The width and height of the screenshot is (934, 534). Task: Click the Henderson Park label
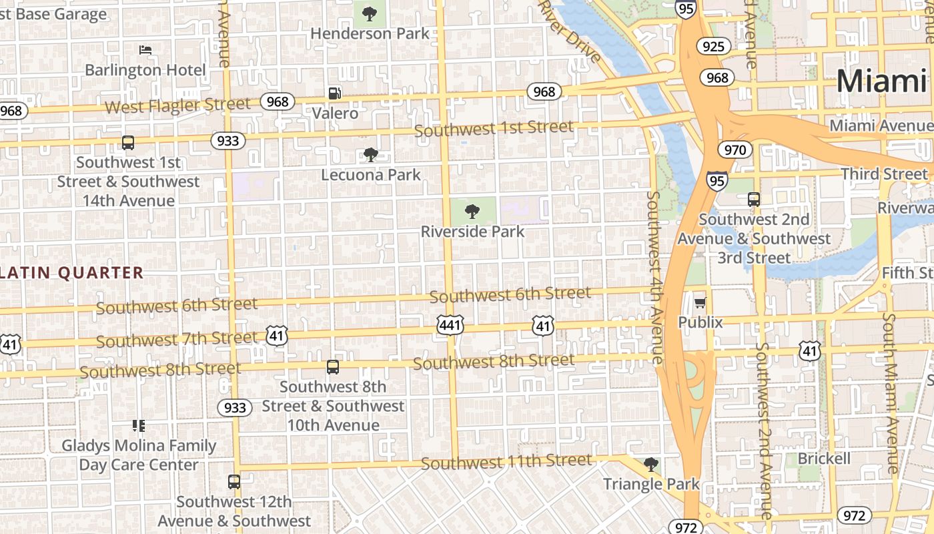pos(370,33)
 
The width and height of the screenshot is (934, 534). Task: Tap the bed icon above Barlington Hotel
pos(145,50)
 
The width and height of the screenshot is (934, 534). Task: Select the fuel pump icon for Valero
pos(335,94)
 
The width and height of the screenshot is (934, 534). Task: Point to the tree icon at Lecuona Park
pos(371,156)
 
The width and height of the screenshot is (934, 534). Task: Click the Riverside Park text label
pos(472,232)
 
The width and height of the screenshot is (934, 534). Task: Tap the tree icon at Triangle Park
pos(651,465)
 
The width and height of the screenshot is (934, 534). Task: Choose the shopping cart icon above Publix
pos(700,304)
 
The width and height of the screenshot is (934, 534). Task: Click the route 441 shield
pos(450,325)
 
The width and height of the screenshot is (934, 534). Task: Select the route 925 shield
pos(713,46)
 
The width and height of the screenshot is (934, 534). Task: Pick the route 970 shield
pos(735,150)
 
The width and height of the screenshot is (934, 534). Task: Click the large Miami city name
pos(881,81)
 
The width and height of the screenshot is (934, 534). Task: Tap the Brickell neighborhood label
pos(824,459)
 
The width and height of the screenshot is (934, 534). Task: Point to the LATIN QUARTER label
pos(72,272)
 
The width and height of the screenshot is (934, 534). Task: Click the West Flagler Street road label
pos(177,105)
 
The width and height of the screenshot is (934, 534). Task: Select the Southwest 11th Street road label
pos(506,461)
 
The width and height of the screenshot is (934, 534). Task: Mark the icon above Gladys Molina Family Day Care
pos(139,425)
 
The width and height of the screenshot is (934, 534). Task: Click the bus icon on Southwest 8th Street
pos(332,366)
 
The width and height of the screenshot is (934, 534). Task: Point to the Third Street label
pos(884,174)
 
